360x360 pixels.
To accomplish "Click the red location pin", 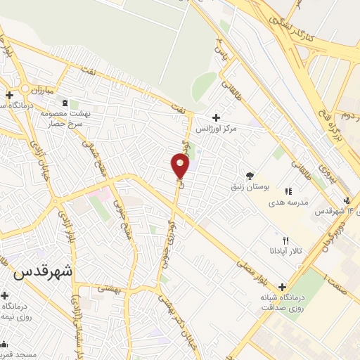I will (180, 165).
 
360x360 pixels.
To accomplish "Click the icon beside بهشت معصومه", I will (66, 103).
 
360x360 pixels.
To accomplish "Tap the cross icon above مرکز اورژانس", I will (215, 117).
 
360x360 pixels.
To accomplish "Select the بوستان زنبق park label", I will (249, 187).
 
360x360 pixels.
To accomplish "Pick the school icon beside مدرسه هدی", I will (288, 191).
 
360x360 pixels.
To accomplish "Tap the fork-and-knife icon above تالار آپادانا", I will (285, 240).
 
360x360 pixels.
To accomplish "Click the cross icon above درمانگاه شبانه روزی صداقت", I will (282, 287).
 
